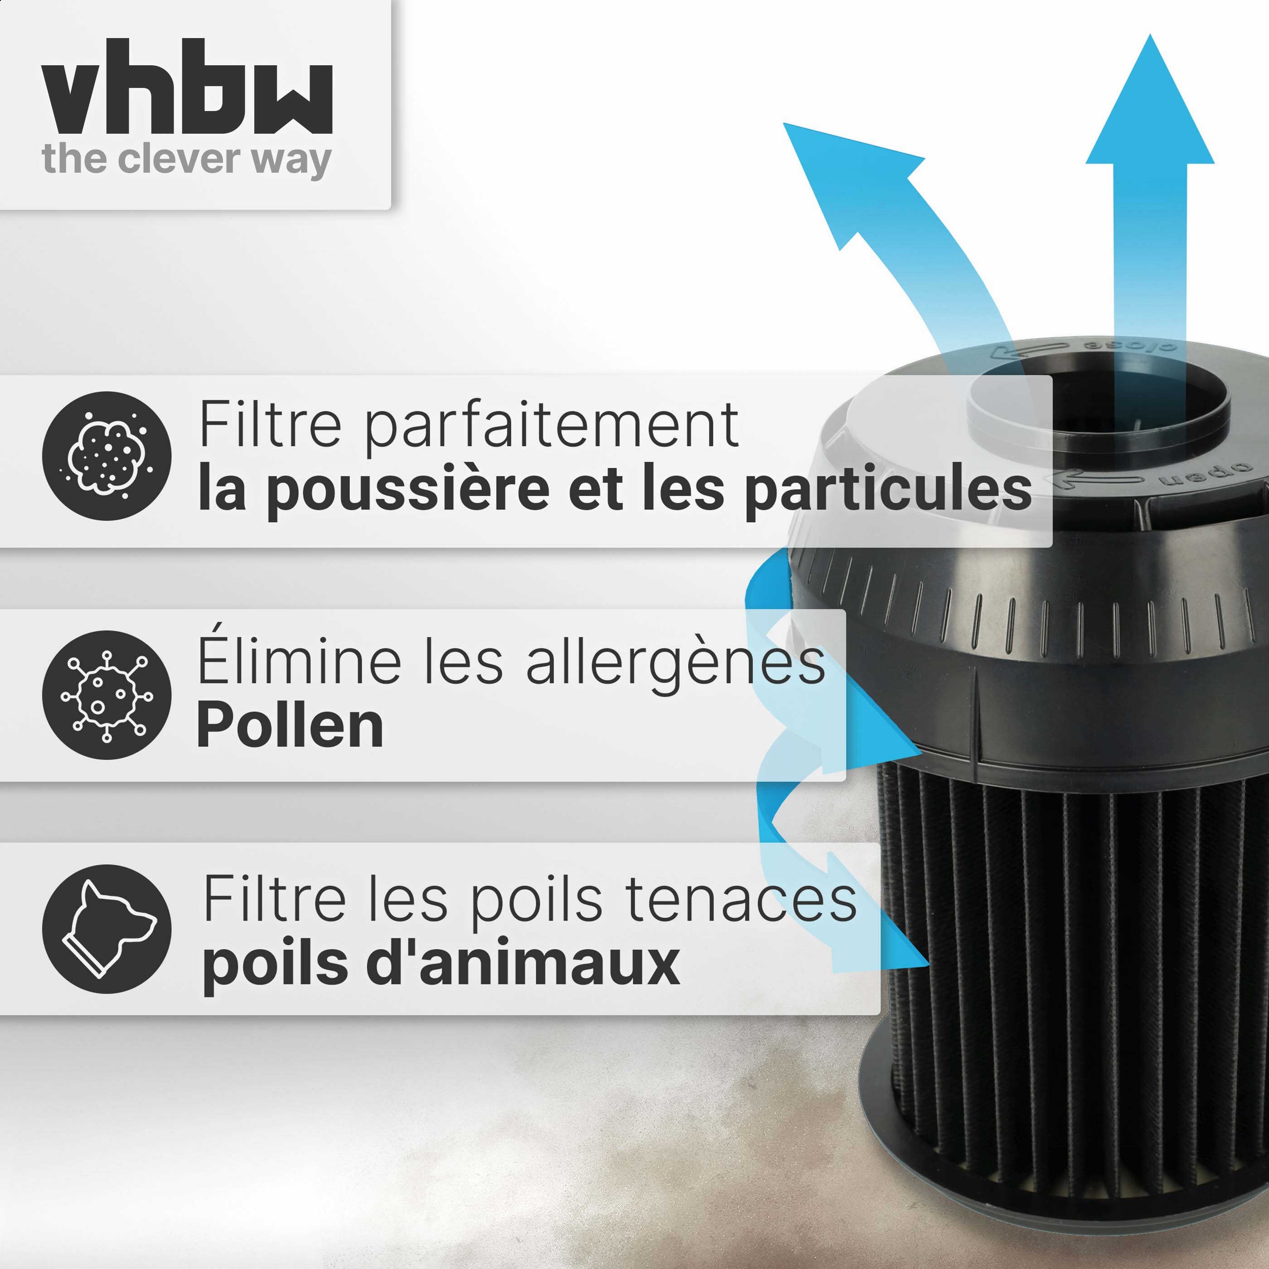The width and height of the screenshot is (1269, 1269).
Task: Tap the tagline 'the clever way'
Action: click(x=187, y=160)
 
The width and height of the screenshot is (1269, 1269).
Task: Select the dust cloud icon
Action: click(x=107, y=456)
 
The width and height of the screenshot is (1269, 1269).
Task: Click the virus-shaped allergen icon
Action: click(x=107, y=695)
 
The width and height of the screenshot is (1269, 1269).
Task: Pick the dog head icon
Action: click(x=107, y=929)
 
